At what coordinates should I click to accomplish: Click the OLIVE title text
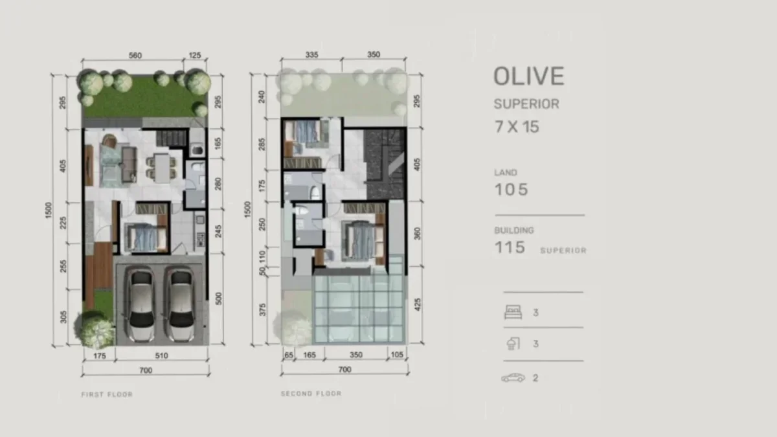tap(528, 76)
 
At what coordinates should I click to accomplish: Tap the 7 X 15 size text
tap(516, 126)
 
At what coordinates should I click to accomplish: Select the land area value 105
tap(511, 190)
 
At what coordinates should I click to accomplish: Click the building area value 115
tap(510, 247)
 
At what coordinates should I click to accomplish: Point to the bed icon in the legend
tap(512, 313)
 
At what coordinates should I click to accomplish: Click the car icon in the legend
tap(513, 378)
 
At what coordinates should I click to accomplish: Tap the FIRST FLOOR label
tap(107, 394)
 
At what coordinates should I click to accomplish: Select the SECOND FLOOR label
tap(311, 394)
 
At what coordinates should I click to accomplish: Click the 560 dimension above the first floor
tap(135, 56)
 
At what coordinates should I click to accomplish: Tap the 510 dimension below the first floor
tap(161, 355)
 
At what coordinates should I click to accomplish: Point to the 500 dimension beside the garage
tap(219, 298)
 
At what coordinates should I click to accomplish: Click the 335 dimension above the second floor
tap(311, 56)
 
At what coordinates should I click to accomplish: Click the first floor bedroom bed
tap(143, 237)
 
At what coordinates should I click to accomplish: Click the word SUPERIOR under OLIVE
tap(526, 104)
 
